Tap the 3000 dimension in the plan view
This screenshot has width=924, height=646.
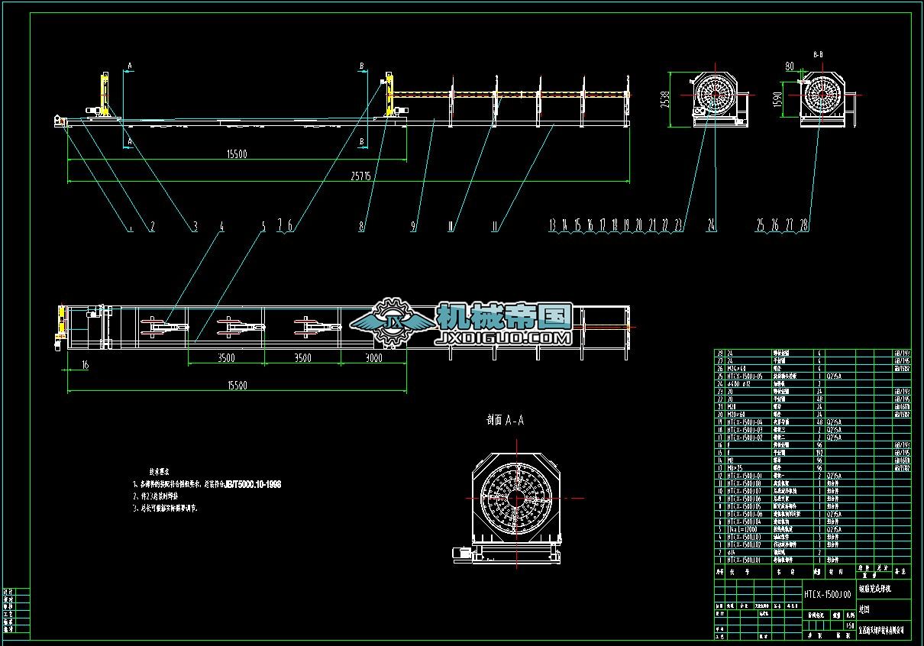(x=374, y=358)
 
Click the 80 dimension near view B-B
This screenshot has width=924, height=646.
(x=789, y=66)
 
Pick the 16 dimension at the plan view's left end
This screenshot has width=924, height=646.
(x=84, y=366)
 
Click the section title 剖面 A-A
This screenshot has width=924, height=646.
(x=506, y=420)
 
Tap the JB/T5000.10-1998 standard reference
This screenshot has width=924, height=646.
(x=253, y=484)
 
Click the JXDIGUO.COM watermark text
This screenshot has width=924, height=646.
(x=505, y=338)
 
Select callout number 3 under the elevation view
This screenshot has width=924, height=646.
(x=195, y=226)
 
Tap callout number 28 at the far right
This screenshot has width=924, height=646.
(x=803, y=225)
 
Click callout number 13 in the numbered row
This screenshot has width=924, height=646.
(x=553, y=225)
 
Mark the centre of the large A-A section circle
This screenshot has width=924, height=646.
(x=518, y=499)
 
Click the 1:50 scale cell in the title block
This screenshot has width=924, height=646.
(x=849, y=625)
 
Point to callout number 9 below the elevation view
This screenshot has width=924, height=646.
(x=413, y=226)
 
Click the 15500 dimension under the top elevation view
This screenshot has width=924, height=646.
(x=237, y=154)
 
